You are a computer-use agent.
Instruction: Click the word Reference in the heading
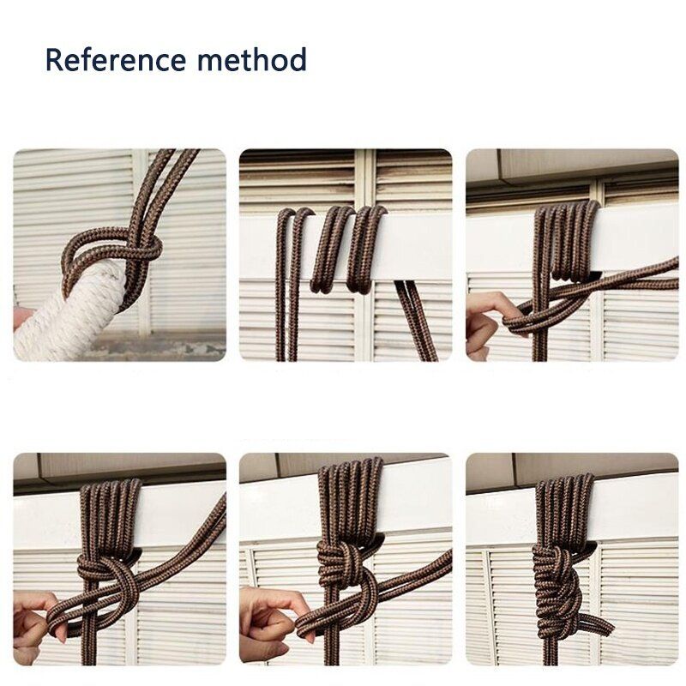pyautogui.click(x=116, y=59)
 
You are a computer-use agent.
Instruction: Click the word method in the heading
pyautogui.click(x=252, y=59)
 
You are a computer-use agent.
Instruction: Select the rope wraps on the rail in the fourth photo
pyautogui.click(x=111, y=516)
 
